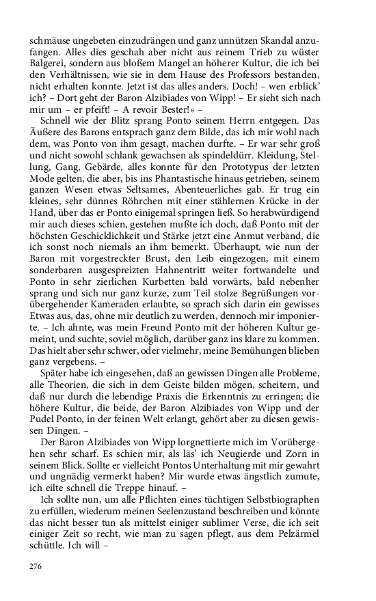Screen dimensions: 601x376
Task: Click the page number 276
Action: point(36,565)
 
